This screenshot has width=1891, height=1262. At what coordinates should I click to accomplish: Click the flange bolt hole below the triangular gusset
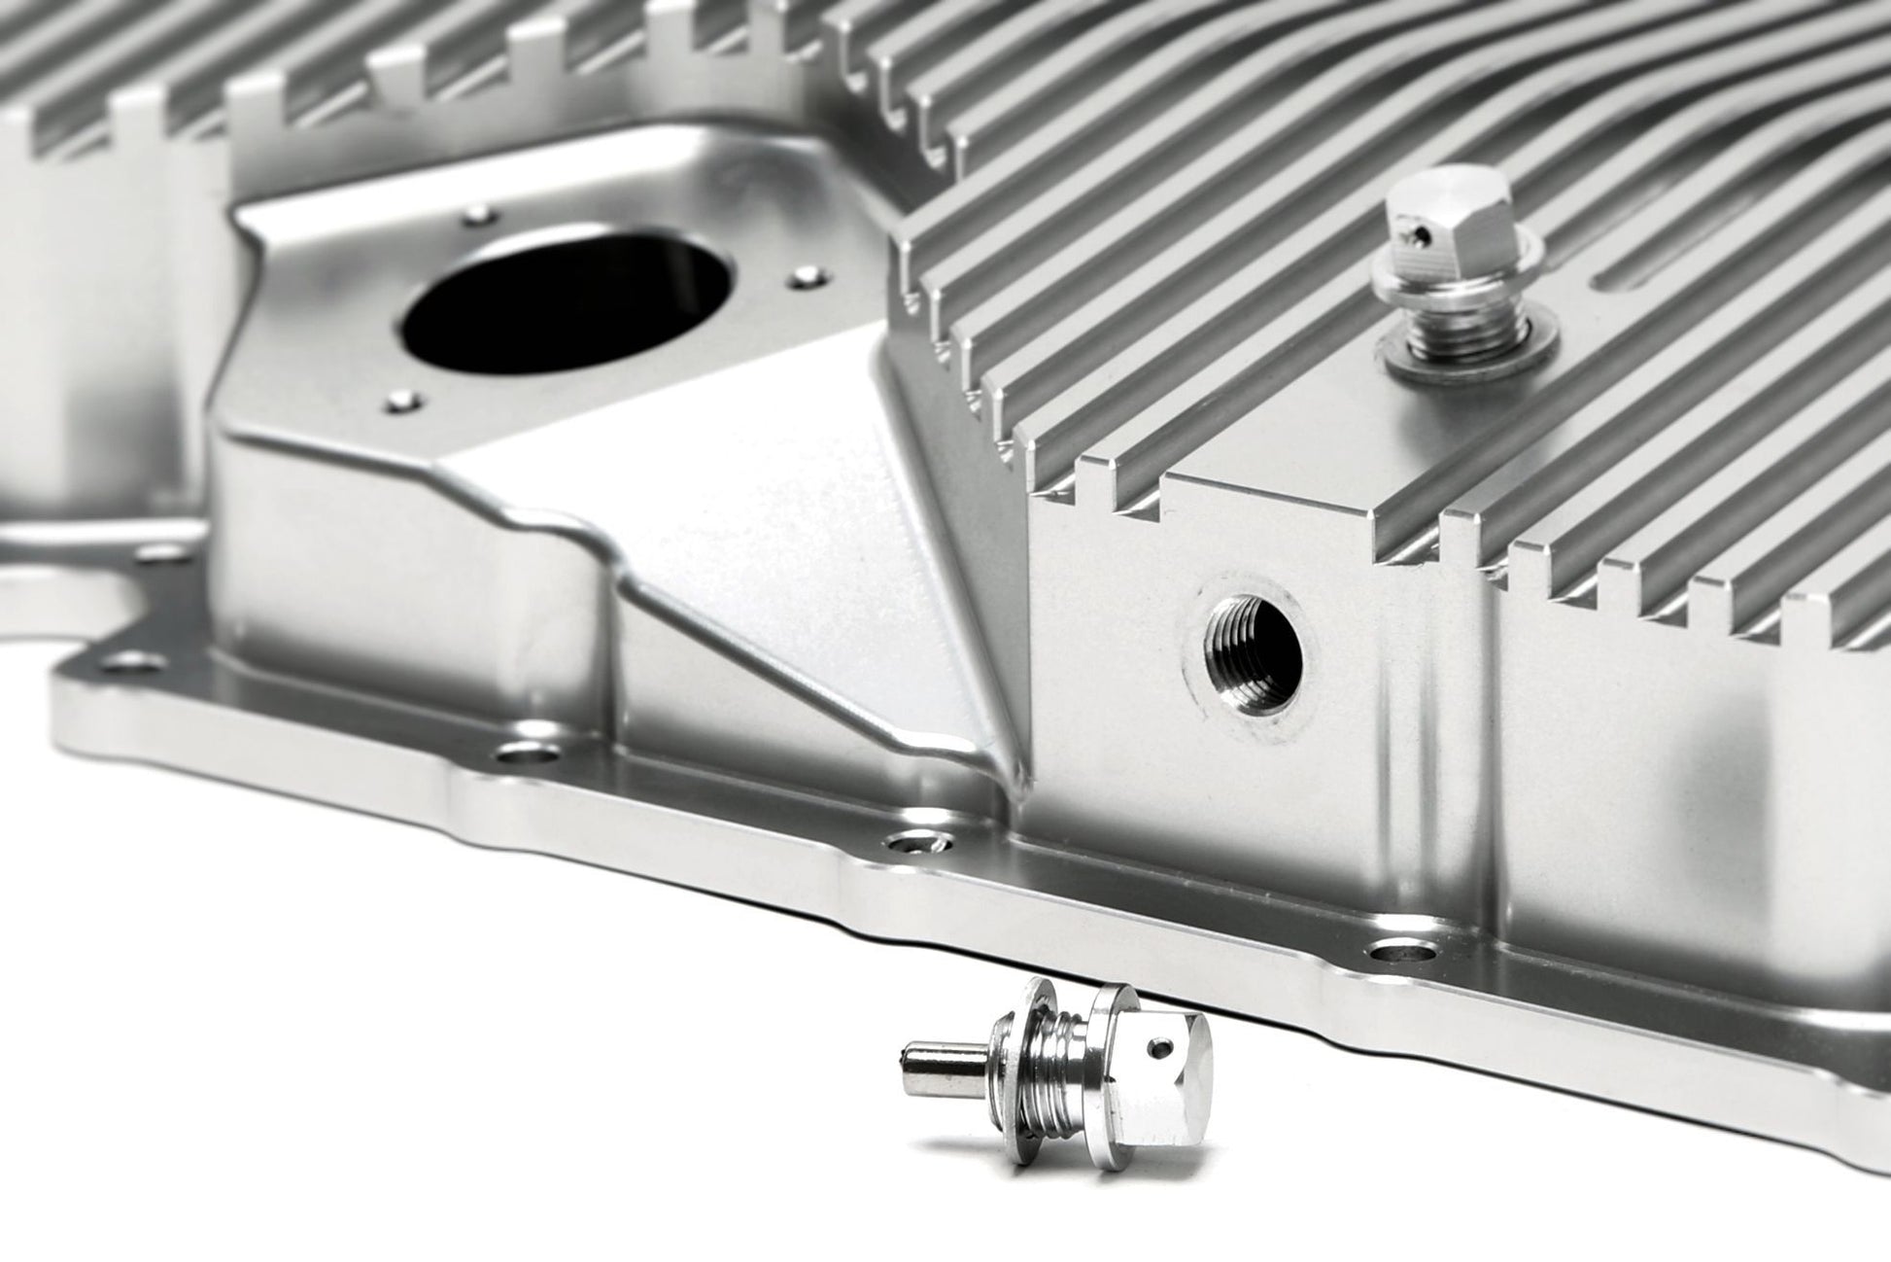pyautogui.click(x=528, y=754)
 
